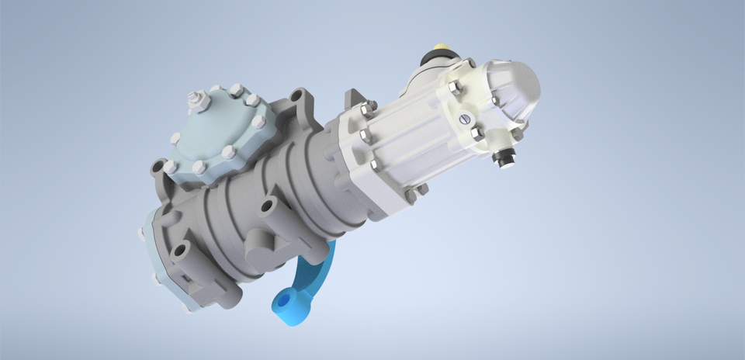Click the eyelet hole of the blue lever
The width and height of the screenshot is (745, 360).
pos(282,299)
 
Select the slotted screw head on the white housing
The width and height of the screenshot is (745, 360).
pos(466,119)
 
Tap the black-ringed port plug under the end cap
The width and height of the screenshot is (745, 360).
pos(504,158)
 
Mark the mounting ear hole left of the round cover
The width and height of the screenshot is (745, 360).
pos(159,167)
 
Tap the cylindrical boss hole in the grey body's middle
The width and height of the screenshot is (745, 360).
pos(268,208)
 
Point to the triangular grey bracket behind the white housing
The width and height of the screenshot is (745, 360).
pos(352,99)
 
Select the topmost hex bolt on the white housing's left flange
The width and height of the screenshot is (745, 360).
pos(371,105)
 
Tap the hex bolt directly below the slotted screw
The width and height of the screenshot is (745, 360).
pos(477,133)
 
